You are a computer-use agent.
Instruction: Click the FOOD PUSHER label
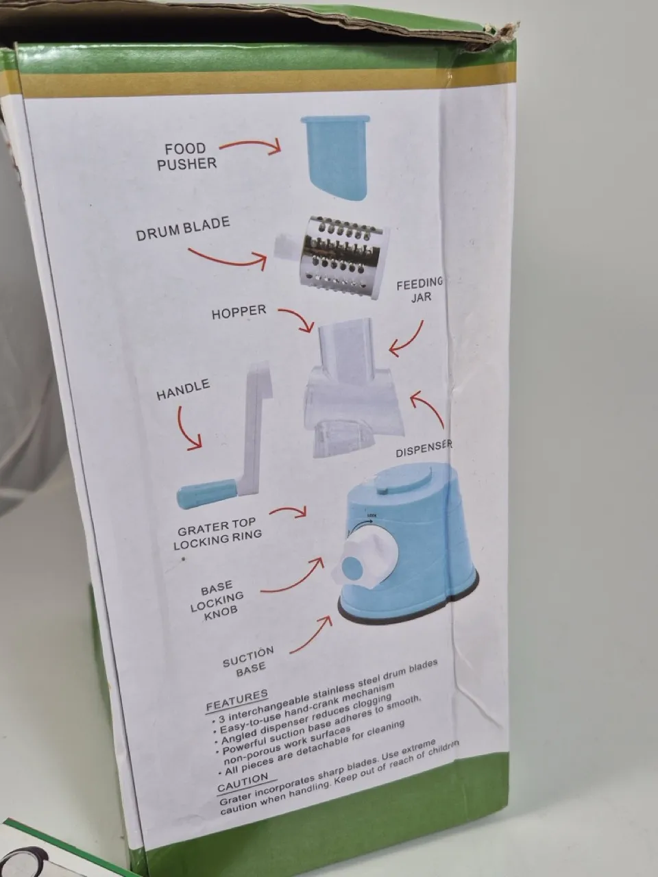tap(186, 156)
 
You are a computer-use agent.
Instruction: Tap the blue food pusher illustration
tap(335, 158)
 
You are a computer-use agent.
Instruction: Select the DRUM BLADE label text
tap(183, 229)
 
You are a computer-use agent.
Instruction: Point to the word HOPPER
tap(239, 312)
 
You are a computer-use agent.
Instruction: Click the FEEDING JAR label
tap(420, 290)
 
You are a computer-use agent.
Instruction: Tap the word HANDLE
tap(183, 390)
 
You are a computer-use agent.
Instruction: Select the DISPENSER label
tap(424, 449)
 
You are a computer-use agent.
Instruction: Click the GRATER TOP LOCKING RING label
tap(217, 534)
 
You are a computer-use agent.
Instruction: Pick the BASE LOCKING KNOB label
tap(216, 601)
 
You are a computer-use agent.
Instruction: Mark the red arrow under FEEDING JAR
tap(409, 340)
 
